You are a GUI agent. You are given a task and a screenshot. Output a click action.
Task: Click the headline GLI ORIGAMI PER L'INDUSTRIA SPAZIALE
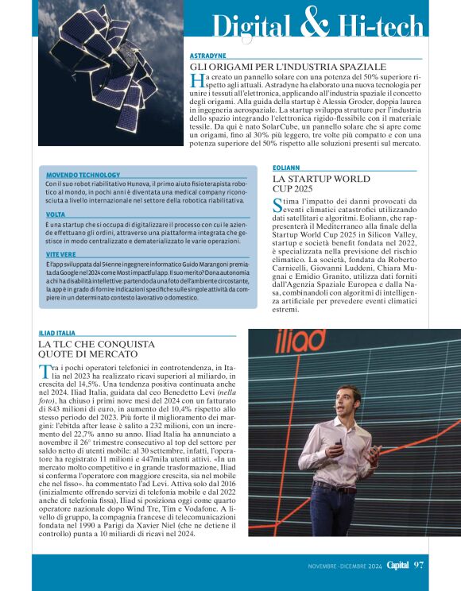pos(289,67)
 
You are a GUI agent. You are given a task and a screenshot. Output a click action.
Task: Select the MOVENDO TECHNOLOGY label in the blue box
pos(83,175)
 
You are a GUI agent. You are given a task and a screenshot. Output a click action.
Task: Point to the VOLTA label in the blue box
pos(56,214)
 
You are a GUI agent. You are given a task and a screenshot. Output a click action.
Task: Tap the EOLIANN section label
pos(285,168)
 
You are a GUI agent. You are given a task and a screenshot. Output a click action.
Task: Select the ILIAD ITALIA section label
pos(57,333)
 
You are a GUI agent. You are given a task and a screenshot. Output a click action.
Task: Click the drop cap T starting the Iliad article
pos(45,373)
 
